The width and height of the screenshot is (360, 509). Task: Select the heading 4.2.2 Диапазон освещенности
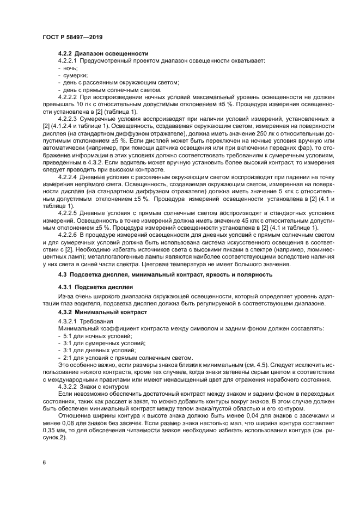103,54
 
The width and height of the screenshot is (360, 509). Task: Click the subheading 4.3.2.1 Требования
85,322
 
